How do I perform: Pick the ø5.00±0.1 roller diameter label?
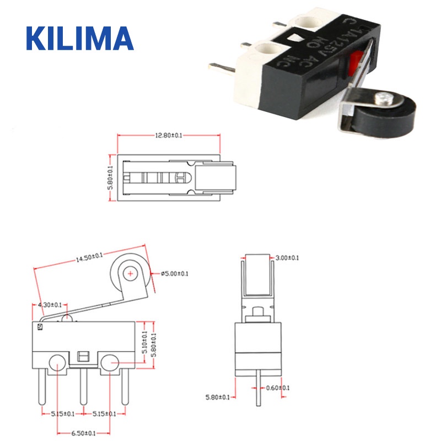tap(175, 273)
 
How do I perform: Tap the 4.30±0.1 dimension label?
tap(50, 304)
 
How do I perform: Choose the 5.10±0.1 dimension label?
tap(145, 342)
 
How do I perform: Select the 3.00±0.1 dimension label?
tap(287, 257)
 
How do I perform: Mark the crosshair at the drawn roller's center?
tap(130, 272)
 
